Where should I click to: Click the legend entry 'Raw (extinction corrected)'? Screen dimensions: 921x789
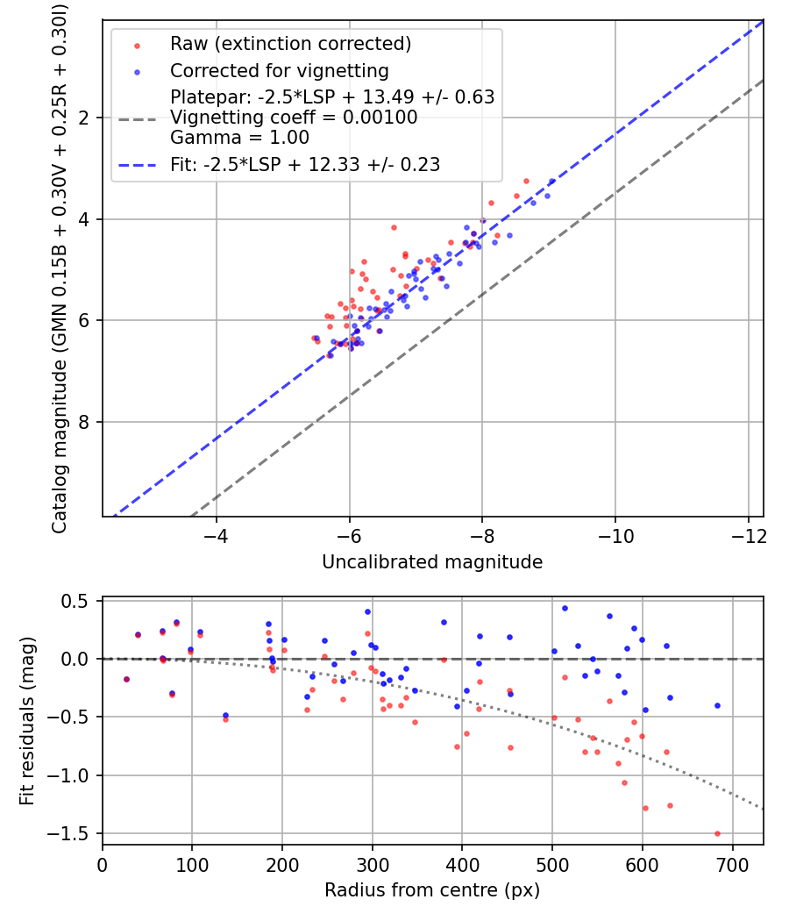pos(290,43)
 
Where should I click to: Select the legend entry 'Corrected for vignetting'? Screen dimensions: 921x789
pos(279,70)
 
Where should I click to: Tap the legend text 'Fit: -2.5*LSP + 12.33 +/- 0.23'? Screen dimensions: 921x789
pos(305,164)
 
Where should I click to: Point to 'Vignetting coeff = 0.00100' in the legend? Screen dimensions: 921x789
pos(294,117)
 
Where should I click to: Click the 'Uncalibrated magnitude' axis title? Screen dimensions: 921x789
pos(432,562)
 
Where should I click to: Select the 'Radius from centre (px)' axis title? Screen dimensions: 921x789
pos(432,890)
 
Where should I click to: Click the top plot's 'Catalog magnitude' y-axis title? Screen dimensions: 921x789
pos(60,268)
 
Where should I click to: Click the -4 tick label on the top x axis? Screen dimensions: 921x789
pos(216,534)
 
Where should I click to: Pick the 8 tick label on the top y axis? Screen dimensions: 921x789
pos(85,422)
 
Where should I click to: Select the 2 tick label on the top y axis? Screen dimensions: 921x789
pos(85,118)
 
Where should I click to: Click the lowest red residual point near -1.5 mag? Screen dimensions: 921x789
pos(717,833)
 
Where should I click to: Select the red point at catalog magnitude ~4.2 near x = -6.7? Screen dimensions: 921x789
pos(394,227)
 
